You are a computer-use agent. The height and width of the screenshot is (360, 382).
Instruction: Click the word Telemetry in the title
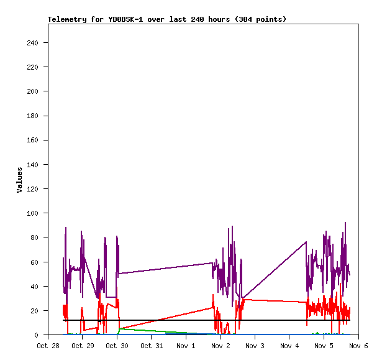[67, 19]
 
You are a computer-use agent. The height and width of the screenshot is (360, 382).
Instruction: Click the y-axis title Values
[19, 180]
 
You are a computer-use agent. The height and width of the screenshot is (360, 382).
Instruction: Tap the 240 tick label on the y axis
[33, 43]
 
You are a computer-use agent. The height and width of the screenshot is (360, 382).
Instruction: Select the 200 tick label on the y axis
[33, 91]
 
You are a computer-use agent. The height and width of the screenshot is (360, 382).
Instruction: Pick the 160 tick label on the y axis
[33, 141]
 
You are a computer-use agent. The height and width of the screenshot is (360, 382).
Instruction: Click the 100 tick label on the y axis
[33, 213]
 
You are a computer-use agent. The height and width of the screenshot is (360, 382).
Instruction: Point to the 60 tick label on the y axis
[35, 262]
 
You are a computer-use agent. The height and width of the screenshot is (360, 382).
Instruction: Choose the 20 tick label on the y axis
[35, 311]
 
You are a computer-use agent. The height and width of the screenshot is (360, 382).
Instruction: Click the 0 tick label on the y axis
[37, 335]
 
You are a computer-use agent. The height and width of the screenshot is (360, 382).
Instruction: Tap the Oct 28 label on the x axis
[48, 346]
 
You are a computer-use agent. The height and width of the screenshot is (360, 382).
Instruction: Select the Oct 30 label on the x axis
[117, 346]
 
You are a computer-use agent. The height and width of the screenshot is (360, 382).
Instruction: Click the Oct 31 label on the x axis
[152, 346]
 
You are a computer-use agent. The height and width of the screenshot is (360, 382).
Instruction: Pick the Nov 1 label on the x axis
[186, 346]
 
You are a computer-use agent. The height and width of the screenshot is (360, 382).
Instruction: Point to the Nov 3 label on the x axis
[255, 346]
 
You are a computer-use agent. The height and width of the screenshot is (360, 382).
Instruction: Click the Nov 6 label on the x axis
[358, 346]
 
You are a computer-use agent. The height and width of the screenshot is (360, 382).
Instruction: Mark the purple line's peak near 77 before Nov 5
[306, 242]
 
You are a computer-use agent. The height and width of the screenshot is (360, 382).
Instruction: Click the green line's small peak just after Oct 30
[120, 328]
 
